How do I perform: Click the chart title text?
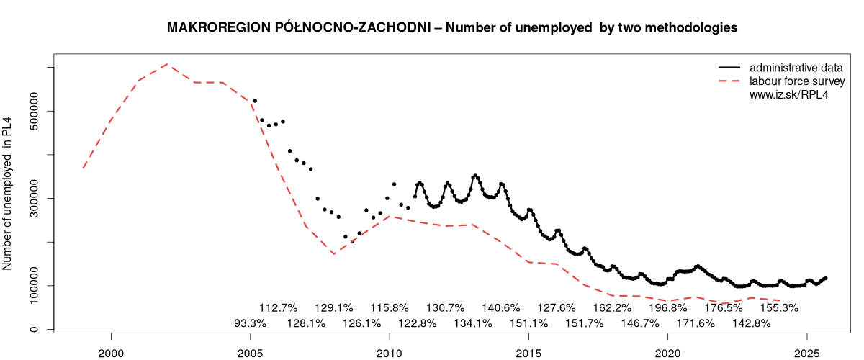point(451,28)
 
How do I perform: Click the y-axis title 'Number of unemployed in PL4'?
point(9,193)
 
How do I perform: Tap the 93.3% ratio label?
point(250,323)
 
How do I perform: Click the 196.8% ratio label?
point(667,307)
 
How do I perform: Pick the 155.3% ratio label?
point(779,307)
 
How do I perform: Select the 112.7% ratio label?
point(278,307)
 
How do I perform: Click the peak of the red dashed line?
point(167,64)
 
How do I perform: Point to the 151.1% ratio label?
point(528,323)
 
